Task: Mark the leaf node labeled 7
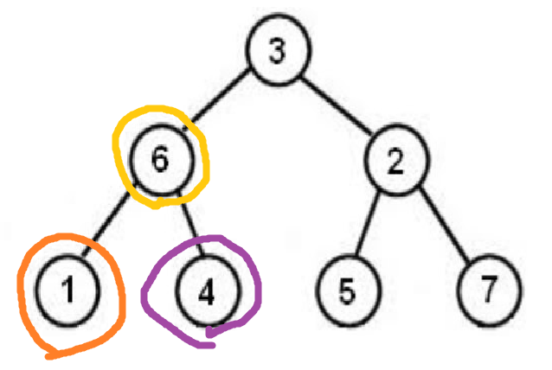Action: tap(490, 290)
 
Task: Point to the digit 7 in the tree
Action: tap(490, 290)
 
